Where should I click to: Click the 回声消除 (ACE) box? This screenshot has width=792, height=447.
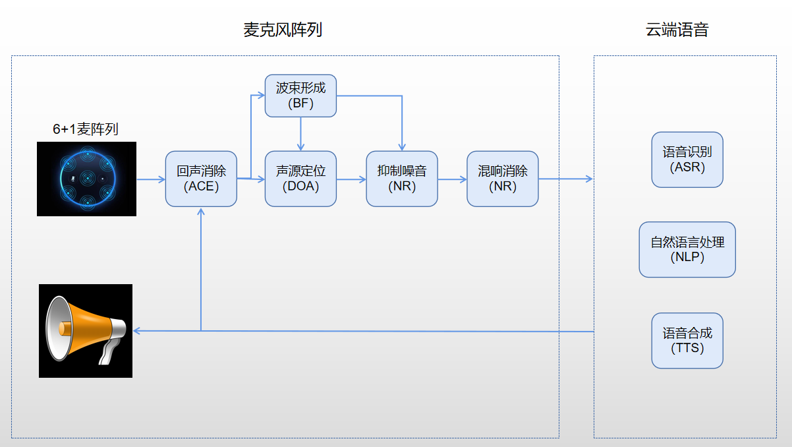pyautogui.click(x=201, y=179)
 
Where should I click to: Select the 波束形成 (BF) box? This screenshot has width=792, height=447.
pyautogui.click(x=300, y=96)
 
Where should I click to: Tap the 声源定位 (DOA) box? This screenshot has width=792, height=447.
pyautogui.click(x=300, y=179)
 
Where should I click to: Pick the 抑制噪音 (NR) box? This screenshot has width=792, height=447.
pyautogui.click(x=402, y=179)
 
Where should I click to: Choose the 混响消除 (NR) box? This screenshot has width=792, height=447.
pyautogui.click(x=503, y=179)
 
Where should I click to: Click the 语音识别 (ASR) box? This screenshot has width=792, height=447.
pyautogui.click(x=687, y=160)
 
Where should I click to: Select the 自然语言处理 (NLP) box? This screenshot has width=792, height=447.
pyautogui.click(x=687, y=249)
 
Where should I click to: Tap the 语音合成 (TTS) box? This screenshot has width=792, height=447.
pyautogui.click(x=687, y=340)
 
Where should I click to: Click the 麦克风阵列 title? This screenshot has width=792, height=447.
pyautogui.click(x=283, y=30)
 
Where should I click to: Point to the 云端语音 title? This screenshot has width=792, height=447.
pyautogui.click(x=677, y=30)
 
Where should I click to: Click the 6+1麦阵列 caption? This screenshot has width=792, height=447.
pyautogui.click(x=85, y=129)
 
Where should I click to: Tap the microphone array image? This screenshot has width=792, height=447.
pyautogui.click(x=86, y=179)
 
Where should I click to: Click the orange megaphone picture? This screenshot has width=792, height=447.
pyautogui.click(x=86, y=331)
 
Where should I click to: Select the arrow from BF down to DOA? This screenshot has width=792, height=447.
pyautogui.click(x=300, y=134)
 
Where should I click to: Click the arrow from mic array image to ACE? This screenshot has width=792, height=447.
pyautogui.click(x=151, y=179)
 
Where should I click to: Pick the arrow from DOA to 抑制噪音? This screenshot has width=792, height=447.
pyautogui.click(x=351, y=179)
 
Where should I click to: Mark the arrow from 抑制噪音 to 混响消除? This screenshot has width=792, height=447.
pyautogui.click(x=453, y=179)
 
